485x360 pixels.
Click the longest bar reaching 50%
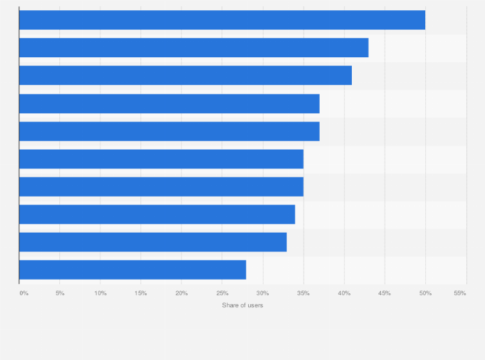[x=222, y=20]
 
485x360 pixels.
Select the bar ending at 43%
[x=194, y=48]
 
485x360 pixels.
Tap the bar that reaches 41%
[x=185, y=75]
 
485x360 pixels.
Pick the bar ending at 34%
[x=157, y=214]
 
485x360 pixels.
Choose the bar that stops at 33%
[x=153, y=242]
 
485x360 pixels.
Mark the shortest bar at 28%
[x=133, y=269]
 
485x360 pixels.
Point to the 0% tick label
[x=24, y=293]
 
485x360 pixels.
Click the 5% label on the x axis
[x=60, y=293]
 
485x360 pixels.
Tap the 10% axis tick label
[x=100, y=293]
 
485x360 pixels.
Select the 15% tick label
[x=141, y=293]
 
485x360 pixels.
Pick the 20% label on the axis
[x=181, y=293]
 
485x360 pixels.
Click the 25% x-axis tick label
[x=222, y=293]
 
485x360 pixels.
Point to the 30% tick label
[x=263, y=293]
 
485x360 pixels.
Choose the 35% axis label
[x=304, y=293]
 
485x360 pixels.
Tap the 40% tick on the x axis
[x=344, y=293]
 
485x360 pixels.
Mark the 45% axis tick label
[x=385, y=293]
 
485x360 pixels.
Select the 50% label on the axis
[x=425, y=293]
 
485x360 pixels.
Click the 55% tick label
[x=460, y=293]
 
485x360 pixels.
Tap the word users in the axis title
[x=255, y=305]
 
